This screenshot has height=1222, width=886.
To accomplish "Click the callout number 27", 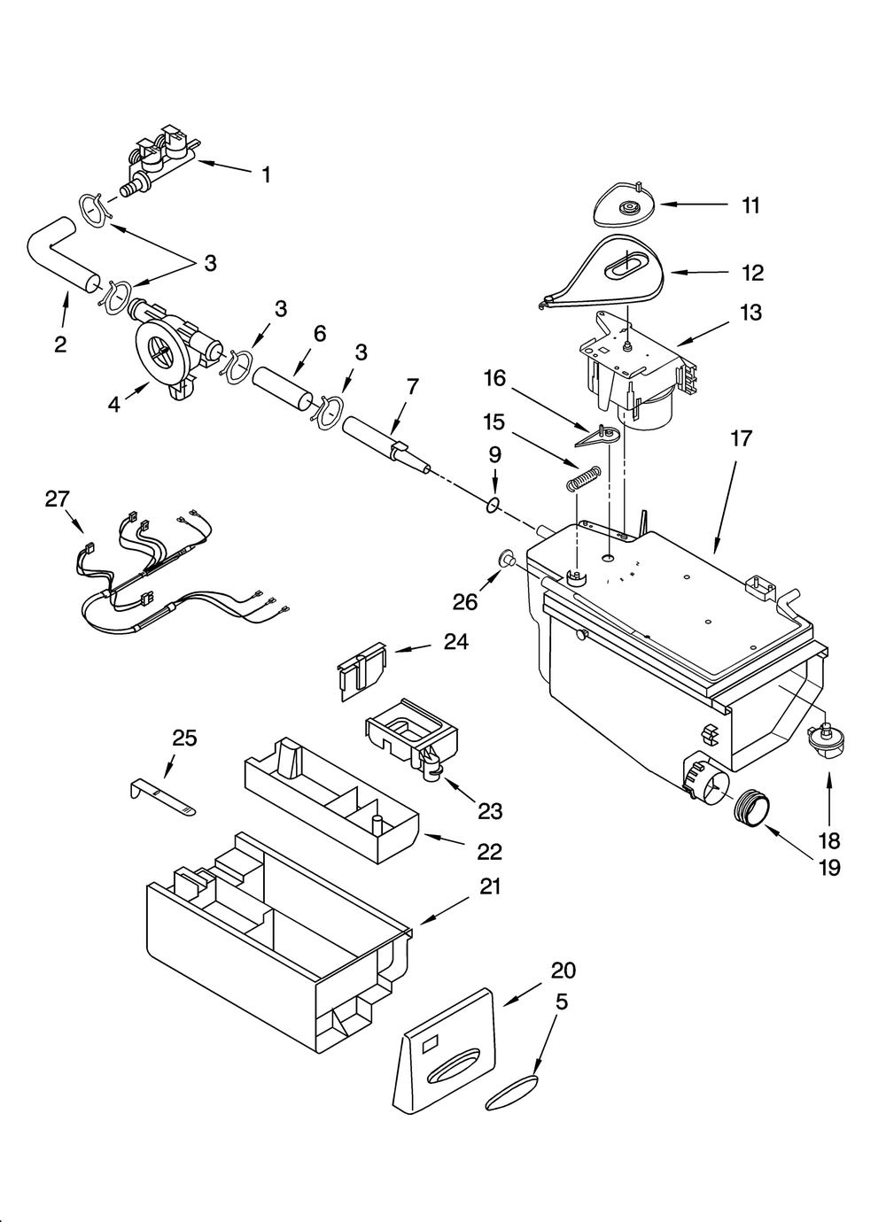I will (57, 499).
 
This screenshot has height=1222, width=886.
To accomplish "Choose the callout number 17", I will (741, 437).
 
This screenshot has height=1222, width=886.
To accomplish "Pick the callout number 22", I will (489, 851).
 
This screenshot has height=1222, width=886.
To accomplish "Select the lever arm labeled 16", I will (598, 436).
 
